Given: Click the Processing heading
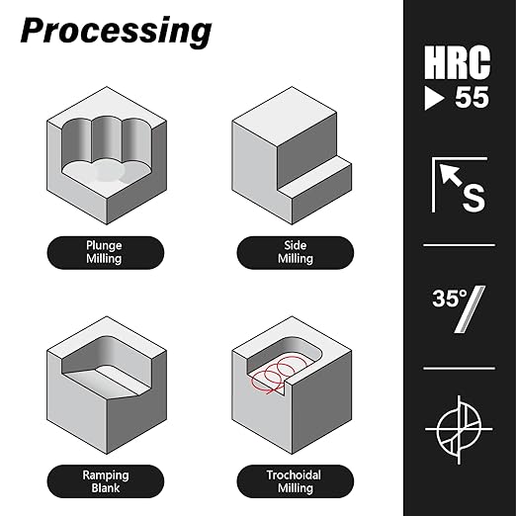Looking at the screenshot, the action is [x=116, y=33].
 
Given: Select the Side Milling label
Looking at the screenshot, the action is [x=296, y=252].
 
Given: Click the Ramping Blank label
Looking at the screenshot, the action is [x=106, y=481].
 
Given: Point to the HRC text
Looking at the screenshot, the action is [x=458, y=62].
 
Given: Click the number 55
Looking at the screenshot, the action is [x=472, y=98].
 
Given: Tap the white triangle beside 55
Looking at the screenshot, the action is [x=434, y=98].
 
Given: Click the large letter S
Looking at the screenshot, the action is [x=473, y=198].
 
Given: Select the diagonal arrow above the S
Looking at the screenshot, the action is [x=451, y=175].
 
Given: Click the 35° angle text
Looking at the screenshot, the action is [x=450, y=299].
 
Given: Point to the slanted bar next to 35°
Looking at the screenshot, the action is [x=471, y=309].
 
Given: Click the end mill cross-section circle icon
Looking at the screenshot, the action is [x=459, y=430].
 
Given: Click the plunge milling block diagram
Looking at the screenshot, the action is [x=107, y=155].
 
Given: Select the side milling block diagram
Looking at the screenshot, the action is [x=292, y=155].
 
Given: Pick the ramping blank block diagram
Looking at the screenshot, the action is [x=107, y=386].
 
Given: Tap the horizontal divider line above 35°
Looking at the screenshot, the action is [x=459, y=245].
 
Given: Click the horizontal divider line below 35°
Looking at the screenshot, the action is [x=459, y=368].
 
